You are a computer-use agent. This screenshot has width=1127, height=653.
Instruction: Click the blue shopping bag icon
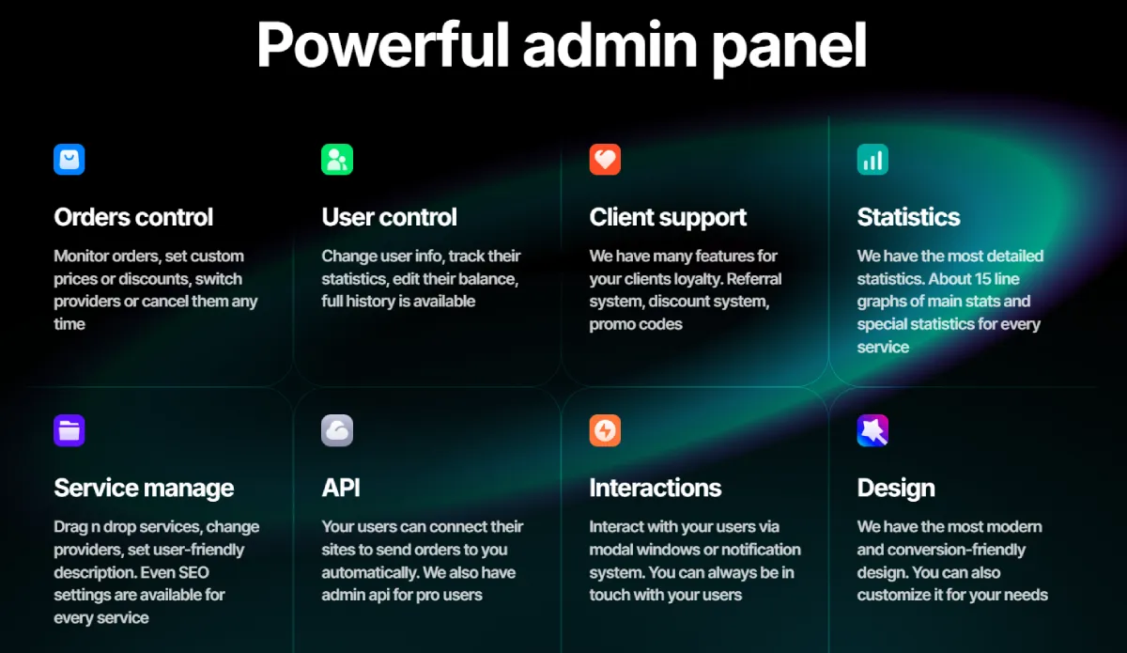point(69,159)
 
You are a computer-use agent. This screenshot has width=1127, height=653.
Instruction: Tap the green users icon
point(337,159)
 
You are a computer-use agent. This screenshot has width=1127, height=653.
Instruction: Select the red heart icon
point(605,159)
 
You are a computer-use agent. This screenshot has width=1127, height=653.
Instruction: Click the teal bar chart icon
point(872,159)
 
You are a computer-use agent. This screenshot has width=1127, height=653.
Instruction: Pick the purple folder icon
point(69,430)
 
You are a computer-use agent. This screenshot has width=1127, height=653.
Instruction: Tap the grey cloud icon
point(337,430)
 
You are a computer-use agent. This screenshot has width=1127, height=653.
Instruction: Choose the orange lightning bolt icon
point(605,430)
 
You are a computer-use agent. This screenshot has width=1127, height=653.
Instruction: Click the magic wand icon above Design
point(872,430)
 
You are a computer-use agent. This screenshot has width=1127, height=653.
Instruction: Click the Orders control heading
point(133,217)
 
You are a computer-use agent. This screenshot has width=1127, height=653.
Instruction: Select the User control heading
point(389,217)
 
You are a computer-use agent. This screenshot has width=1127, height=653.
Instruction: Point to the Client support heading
point(668,217)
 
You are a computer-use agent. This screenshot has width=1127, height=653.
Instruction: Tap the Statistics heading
point(908,217)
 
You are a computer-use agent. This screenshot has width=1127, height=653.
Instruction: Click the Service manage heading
point(144,489)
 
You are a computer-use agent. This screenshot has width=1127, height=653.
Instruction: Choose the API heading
point(341,489)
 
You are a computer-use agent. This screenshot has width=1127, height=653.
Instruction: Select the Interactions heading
point(656,489)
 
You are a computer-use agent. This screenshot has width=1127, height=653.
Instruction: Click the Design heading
point(896,489)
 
